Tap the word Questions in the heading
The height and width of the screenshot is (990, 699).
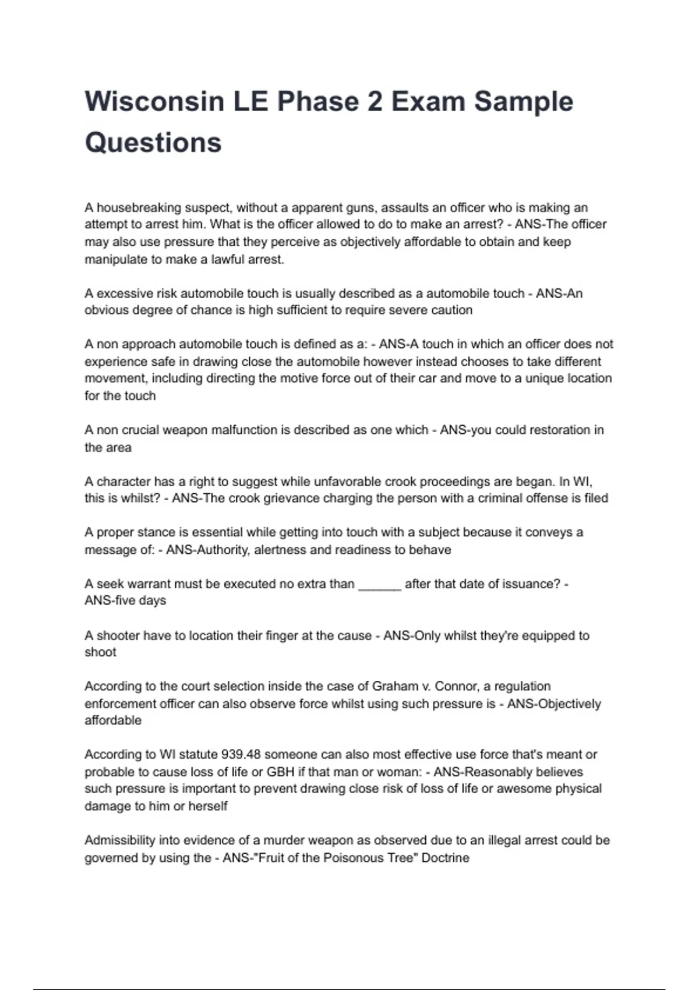153,143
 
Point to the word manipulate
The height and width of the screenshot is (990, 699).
114,260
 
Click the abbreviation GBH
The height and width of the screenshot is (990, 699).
280,772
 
